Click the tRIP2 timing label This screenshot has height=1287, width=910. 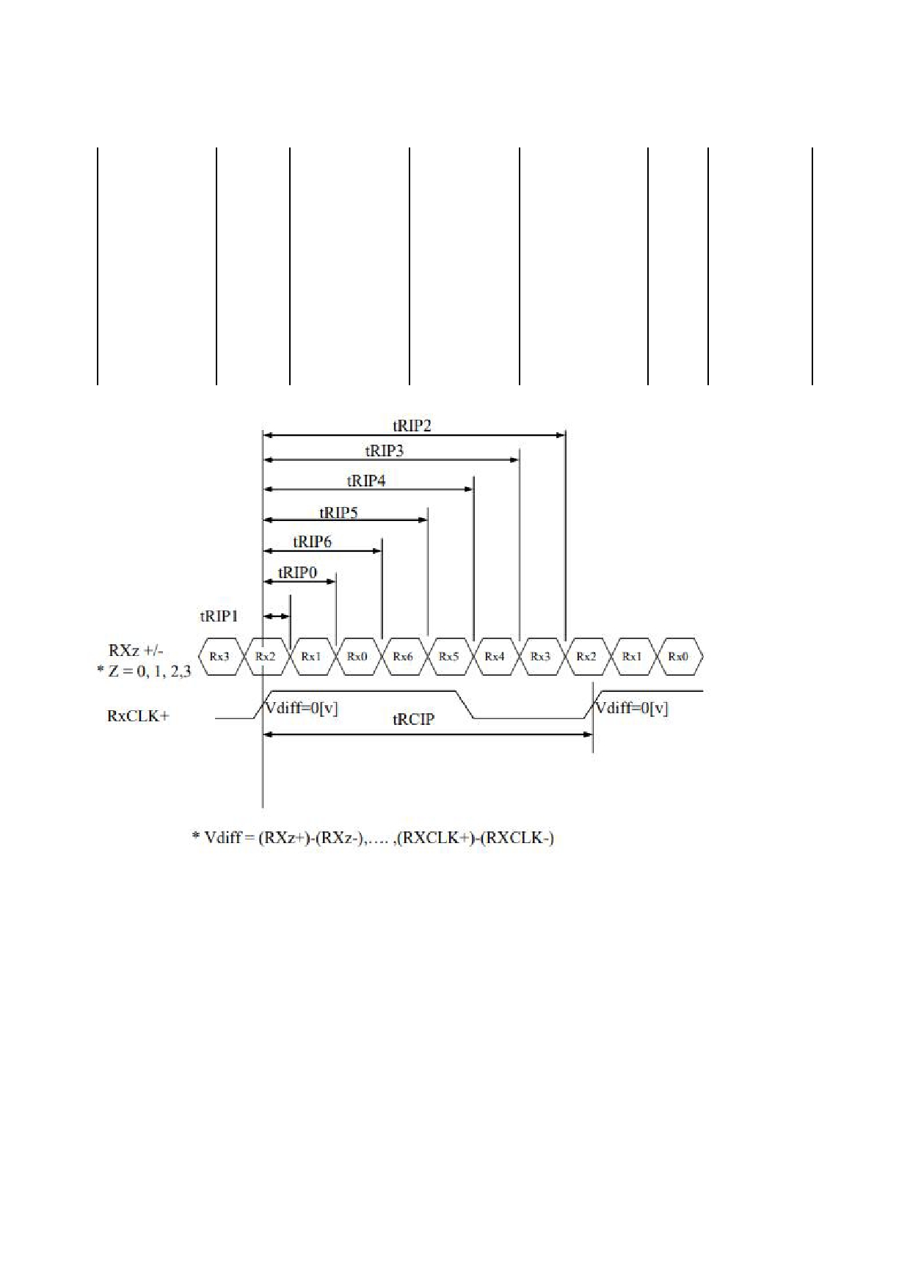412,426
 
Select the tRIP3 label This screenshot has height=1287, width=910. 385,451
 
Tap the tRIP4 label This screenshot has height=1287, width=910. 366,481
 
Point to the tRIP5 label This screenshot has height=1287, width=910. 338,512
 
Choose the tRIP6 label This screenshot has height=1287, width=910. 313,542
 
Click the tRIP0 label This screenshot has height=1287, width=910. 297,572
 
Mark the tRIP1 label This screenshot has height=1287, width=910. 219,616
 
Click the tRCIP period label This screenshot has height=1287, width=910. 413,719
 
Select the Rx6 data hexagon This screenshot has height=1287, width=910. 403,657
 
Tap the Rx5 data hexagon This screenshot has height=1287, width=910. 448,657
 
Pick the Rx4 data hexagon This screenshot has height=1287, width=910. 495,657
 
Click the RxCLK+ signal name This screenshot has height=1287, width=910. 138,716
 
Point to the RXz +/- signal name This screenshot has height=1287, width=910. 136,650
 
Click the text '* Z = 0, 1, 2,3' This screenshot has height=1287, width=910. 144,671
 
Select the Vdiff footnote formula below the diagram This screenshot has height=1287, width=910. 373,837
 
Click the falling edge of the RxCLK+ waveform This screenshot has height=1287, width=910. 466,704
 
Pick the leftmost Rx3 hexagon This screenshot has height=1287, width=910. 219,657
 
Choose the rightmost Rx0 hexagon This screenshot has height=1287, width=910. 678,657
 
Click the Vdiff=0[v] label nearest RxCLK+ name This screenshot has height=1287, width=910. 301,709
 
